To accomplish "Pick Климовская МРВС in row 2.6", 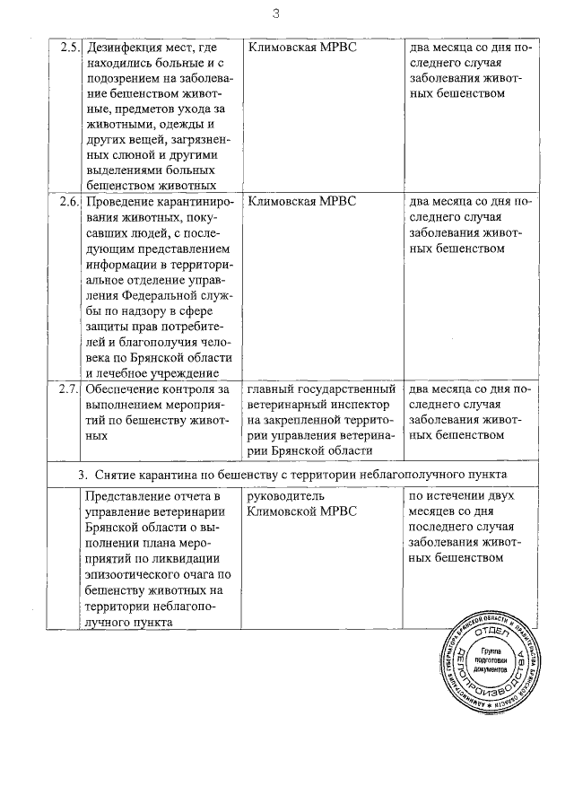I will click(301, 202).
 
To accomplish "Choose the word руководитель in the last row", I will click(284, 497).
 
